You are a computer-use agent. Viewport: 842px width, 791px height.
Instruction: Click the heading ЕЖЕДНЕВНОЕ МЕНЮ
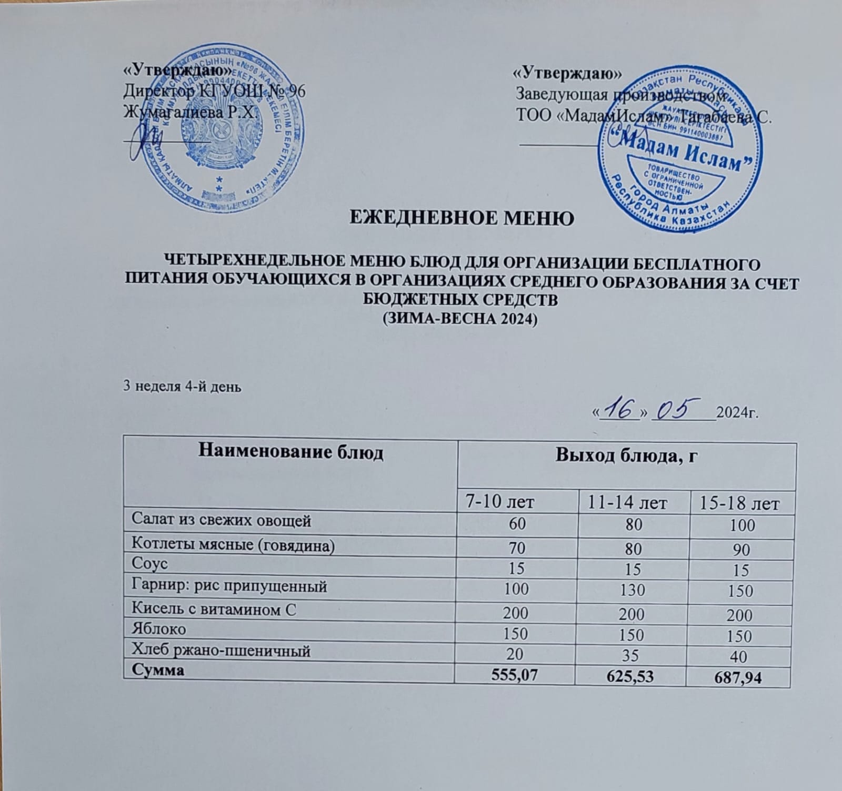[x=462, y=218]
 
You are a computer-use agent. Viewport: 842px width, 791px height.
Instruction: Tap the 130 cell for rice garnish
[x=631, y=591]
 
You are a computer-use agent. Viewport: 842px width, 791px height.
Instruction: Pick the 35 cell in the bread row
[x=631, y=657]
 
